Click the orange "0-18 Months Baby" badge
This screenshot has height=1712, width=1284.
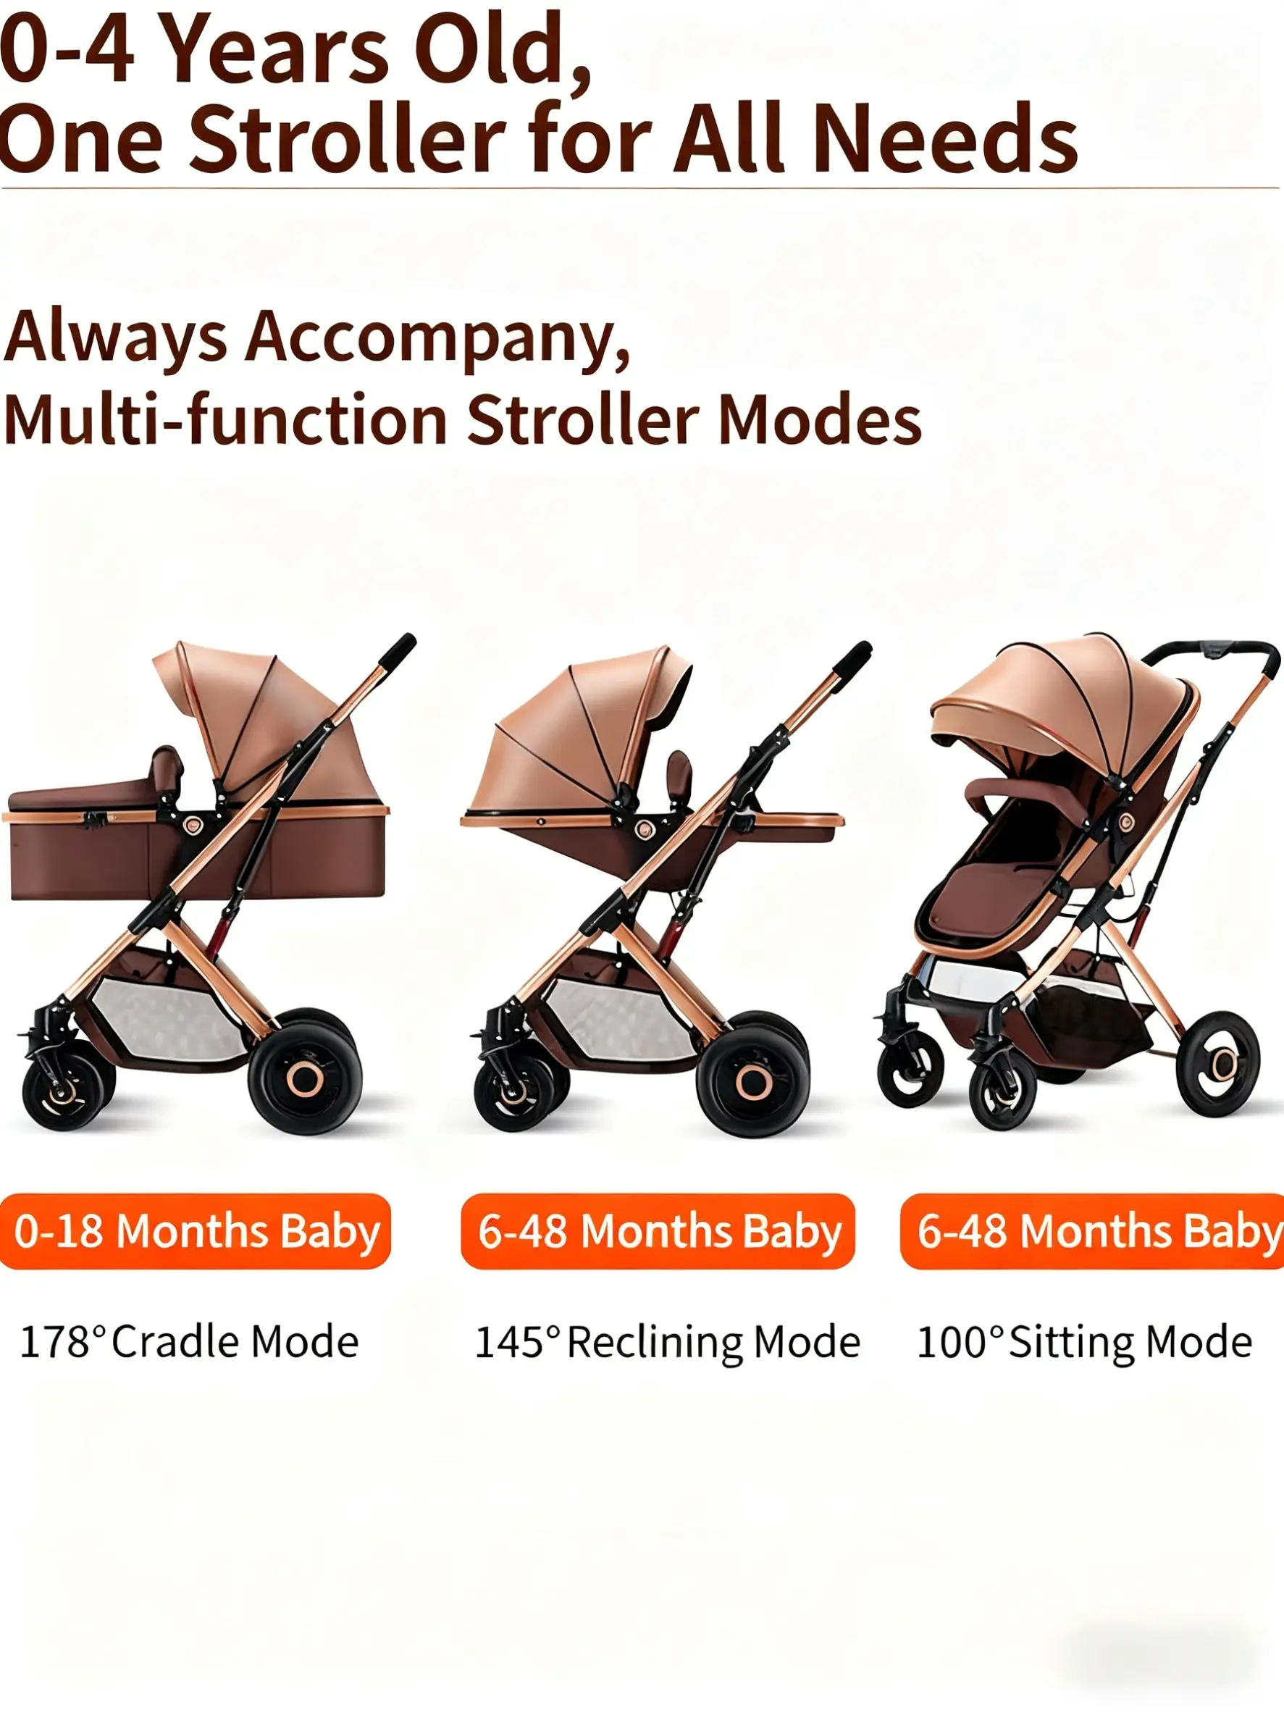tap(194, 1230)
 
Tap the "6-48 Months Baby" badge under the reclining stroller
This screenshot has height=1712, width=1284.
tap(658, 1230)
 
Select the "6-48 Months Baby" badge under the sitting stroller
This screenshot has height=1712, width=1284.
tap(1092, 1230)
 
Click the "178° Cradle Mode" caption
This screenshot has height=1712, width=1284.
tap(189, 1342)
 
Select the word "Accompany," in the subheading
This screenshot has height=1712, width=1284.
tap(438, 339)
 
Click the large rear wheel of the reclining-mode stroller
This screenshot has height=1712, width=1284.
tap(753, 1081)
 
